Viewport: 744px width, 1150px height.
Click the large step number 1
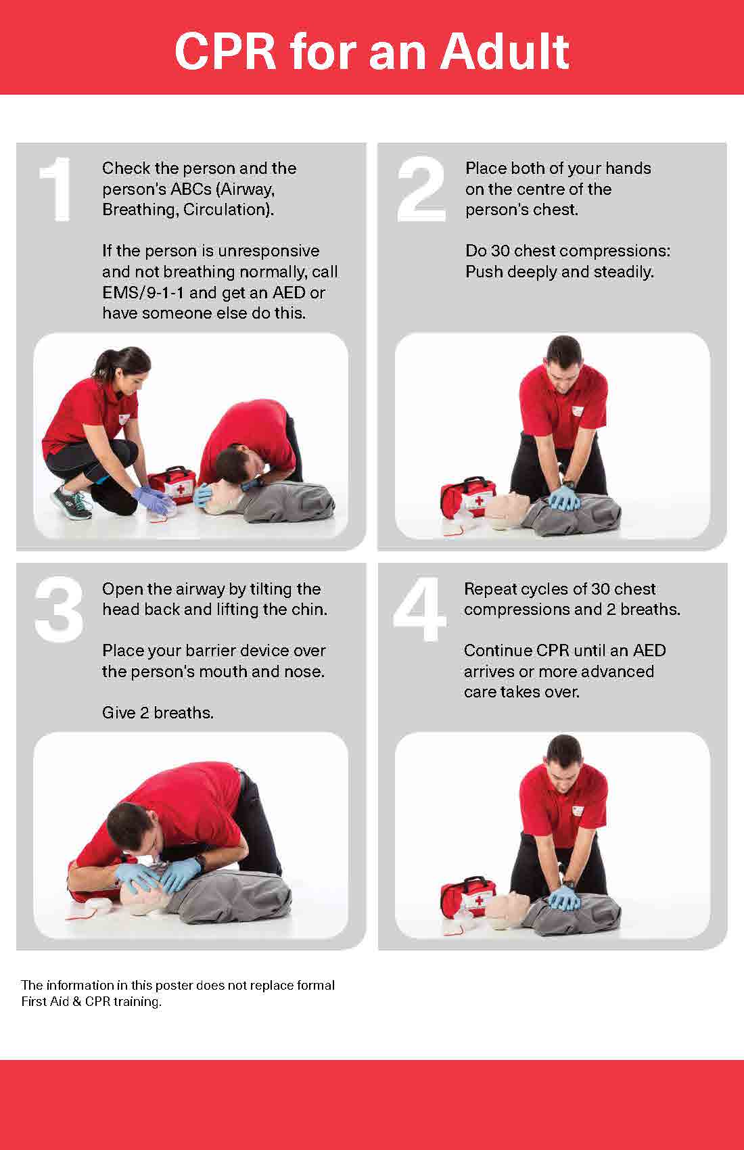[56, 189]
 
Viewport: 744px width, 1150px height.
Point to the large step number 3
[59, 609]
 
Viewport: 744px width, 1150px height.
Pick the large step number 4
[419, 609]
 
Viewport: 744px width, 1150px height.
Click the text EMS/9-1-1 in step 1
[143, 293]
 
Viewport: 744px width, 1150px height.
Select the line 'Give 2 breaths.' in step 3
[158, 712]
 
